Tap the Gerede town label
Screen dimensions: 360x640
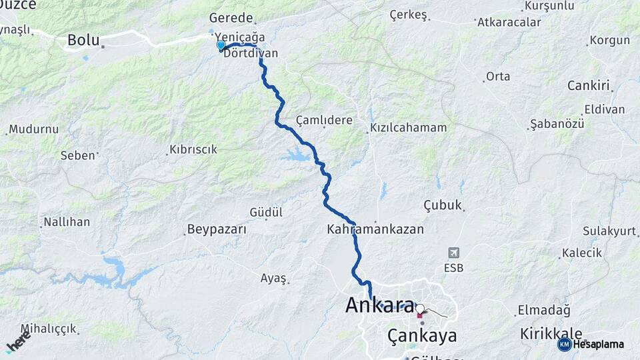coord(231,18)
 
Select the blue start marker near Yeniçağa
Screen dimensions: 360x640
coord(221,45)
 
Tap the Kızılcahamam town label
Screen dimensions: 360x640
coord(409,127)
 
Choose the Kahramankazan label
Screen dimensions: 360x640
coord(375,229)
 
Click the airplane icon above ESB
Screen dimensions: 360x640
coord(454,253)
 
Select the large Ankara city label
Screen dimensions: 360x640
coord(379,305)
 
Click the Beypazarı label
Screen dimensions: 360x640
coord(217,229)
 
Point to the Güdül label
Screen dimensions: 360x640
coord(266,212)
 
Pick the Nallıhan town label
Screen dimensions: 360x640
coord(67,221)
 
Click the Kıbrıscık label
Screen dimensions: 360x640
coord(193,149)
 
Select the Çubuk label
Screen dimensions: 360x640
coord(443,205)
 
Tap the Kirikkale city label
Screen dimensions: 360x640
coord(551,333)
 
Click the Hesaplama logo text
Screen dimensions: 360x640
coord(598,345)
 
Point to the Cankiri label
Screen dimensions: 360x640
coord(589,85)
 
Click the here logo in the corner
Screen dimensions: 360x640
coord(18,342)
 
